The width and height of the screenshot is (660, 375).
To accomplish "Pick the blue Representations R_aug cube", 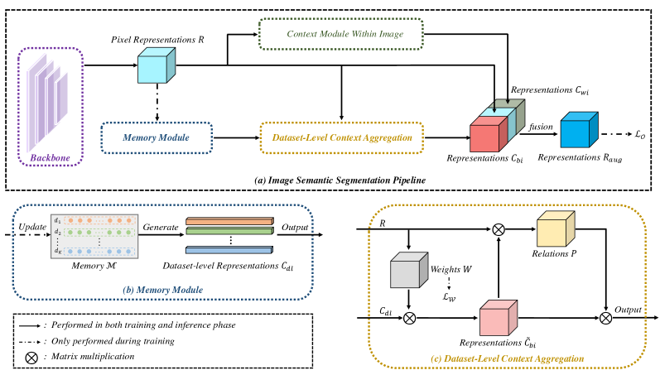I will (x=578, y=131).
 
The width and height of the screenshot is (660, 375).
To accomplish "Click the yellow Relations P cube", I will (x=557, y=234).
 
